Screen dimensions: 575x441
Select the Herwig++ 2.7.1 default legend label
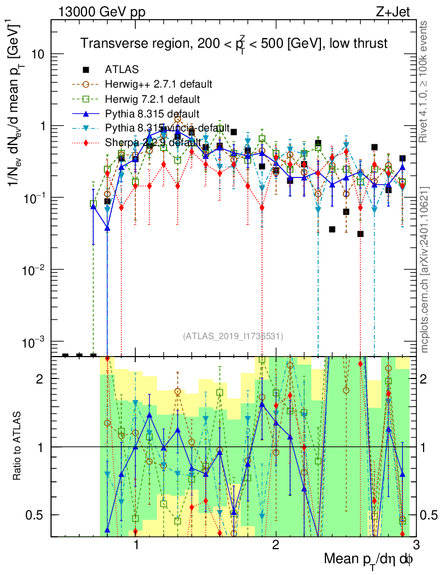pos(158,84)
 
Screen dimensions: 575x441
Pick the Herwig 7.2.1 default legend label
pos(152,99)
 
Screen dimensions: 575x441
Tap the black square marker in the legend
pos(86,70)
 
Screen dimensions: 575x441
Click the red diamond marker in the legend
pos(86,143)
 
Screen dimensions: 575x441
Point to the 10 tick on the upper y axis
pos(38,54)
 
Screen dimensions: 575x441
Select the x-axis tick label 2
pos(275,545)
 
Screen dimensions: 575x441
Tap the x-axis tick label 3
pos(415,545)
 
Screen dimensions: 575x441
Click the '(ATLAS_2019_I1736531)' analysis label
pos(233,336)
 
